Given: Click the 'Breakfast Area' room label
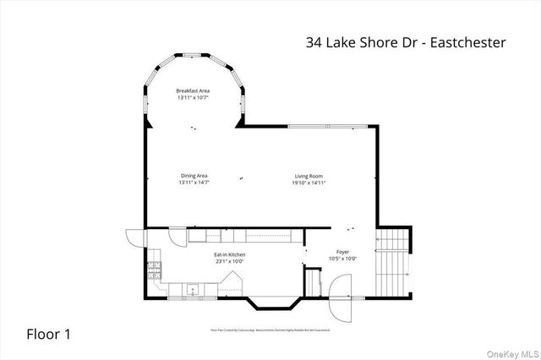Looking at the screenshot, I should pos(193,90).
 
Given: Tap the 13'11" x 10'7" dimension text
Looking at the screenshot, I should pos(193,98).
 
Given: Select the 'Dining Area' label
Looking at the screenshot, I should pos(194,175).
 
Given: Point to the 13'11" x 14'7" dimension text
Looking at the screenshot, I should pos(194,183).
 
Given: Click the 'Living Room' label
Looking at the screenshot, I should pos(309,175).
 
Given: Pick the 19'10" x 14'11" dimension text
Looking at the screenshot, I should pos(309,183).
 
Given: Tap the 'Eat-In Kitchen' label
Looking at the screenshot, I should pos(228,254).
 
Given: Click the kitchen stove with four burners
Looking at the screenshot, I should pos(154,271).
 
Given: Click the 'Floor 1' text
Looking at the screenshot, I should pos(47,334).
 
